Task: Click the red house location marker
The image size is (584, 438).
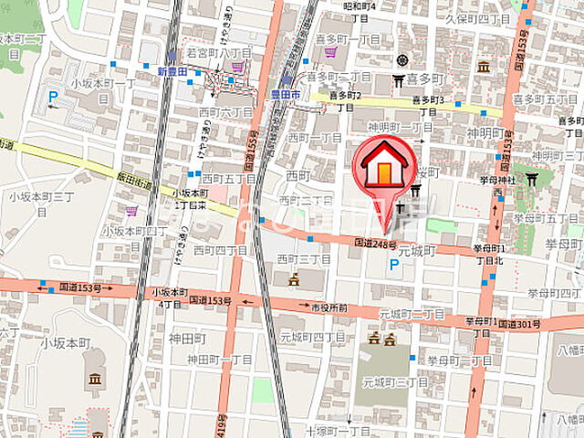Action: [383, 170]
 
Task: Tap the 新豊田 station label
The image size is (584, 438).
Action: [171, 72]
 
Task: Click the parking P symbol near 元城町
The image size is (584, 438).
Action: [394, 264]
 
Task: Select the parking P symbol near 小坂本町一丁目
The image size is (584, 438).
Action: [53, 97]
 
